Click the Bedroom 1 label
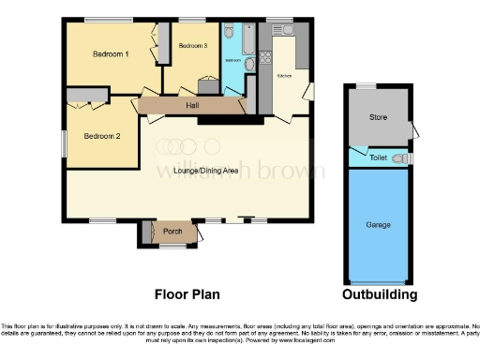[x=111, y=54]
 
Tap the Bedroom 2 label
[x=102, y=136]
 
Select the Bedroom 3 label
[x=192, y=45]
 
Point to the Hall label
[x=191, y=104]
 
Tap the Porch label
[x=172, y=232]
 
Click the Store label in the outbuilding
[x=377, y=117]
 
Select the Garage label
[x=378, y=225]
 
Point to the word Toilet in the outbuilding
[x=377, y=158]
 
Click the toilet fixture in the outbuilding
[x=400, y=158]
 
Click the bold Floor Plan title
[x=187, y=294]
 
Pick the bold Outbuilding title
[x=379, y=294]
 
